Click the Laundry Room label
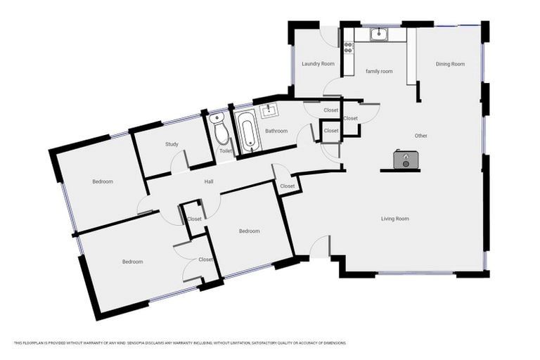(x=318, y=64)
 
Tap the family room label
(x=378, y=71)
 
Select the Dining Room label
(x=450, y=64)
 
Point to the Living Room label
(x=395, y=219)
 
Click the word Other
(x=420, y=136)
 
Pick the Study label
(x=172, y=144)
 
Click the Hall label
(x=209, y=181)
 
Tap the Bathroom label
(x=276, y=131)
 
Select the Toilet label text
(x=225, y=150)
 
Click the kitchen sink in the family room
(x=378, y=33)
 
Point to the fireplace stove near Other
(x=402, y=160)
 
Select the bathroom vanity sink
(x=268, y=110)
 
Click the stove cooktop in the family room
(x=348, y=48)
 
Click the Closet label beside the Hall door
(x=287, y=186)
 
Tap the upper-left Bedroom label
(x=103, y=181)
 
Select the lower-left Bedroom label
(x=132, y=262)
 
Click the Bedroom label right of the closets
(x=249, y=231)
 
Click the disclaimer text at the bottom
(x=180, y=343)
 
